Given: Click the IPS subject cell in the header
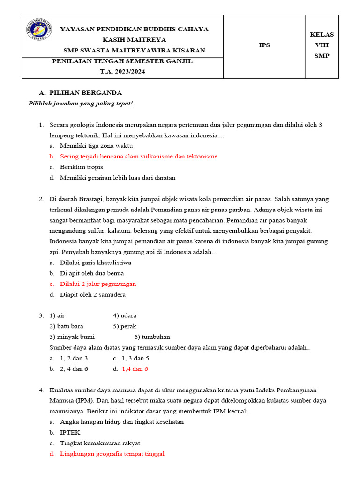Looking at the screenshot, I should [x=264, y=45].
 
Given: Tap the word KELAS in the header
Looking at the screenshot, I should [x=322, y=35].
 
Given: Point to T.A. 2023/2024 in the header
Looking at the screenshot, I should [x=122, y=72].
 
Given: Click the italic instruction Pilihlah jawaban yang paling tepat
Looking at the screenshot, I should [x=81, y=103].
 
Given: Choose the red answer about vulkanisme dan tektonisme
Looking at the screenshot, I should [x=139, y=157].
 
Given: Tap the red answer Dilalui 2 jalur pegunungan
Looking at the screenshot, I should [x=98, y=284].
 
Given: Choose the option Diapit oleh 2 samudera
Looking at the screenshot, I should [x=93, y=295].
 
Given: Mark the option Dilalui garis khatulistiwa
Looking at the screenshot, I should [x=96, y=263].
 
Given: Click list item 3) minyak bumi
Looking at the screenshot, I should [x=72, y=337].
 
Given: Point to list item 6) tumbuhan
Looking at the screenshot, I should [x=152, y=337].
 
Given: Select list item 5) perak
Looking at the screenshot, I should [x=125, y=326].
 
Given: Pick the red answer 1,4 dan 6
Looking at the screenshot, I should [x=135, y=369].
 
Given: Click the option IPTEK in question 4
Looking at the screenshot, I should [x=70, y=433].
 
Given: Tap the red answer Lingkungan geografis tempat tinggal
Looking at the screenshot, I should [x=112, y=454].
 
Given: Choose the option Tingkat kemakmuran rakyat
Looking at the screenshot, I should [x=100, y=443].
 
